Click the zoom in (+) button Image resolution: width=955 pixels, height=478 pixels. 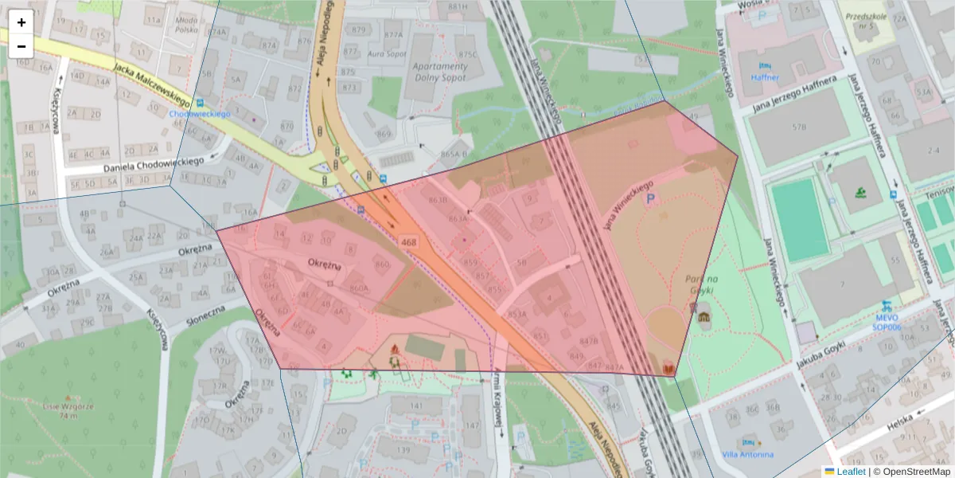pos(21,22)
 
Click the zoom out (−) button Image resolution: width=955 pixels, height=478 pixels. pos(21,45)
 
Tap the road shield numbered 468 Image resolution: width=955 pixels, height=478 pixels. pos(409,241)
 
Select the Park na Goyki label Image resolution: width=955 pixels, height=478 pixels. pos(701,284)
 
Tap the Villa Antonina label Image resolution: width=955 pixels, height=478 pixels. pos(747,455)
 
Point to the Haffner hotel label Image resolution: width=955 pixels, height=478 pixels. pos(765,77)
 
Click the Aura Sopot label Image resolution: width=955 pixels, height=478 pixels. pos(387,53)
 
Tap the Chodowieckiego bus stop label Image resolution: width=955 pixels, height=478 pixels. pos(199,114)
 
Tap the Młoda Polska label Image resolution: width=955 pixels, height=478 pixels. pos(188,25)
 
